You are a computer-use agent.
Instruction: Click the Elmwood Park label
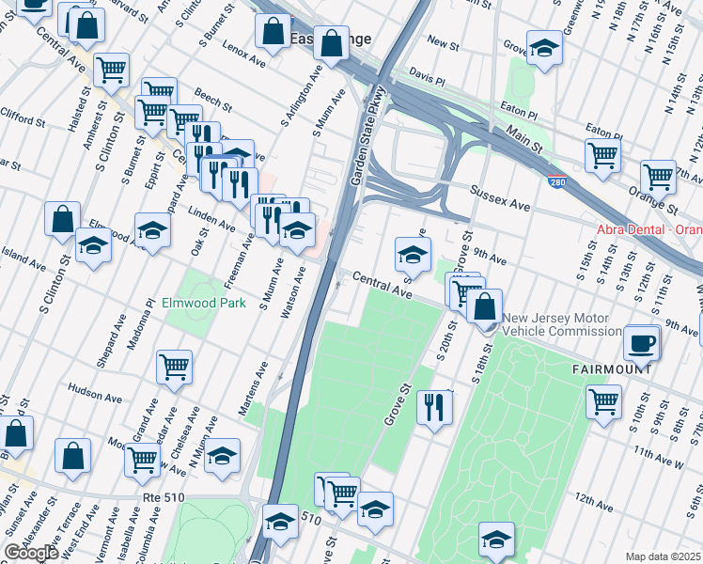point(203,304)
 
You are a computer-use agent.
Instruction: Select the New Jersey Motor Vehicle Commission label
point(561,325)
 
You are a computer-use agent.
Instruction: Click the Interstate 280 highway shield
point(558,182)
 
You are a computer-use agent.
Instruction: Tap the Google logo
point(31,553)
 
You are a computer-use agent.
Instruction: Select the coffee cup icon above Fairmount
point(642,343)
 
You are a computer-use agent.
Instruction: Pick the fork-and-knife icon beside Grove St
point(433,407)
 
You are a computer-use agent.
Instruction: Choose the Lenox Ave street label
point(244,57)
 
